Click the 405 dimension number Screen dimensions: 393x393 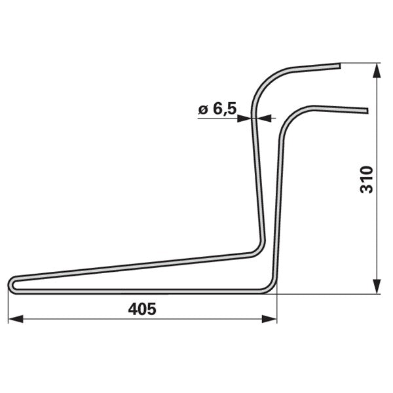click(x=142, y=309)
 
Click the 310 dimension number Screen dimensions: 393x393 click(x=366, y=179)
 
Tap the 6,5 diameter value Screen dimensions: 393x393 click(x=225, y=109)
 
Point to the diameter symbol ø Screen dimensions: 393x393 click(x=203, y=110)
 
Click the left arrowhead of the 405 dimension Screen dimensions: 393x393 click(x=16, y=319)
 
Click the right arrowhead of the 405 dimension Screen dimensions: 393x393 click(x=269, y=319)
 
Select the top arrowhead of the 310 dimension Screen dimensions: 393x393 click(x=377, y=70)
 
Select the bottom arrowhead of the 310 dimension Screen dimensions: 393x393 click(x=377, y=286)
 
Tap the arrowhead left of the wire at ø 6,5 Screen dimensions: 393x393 click(x=244, y=119)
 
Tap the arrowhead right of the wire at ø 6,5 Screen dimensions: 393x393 click(x=264, y=119)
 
